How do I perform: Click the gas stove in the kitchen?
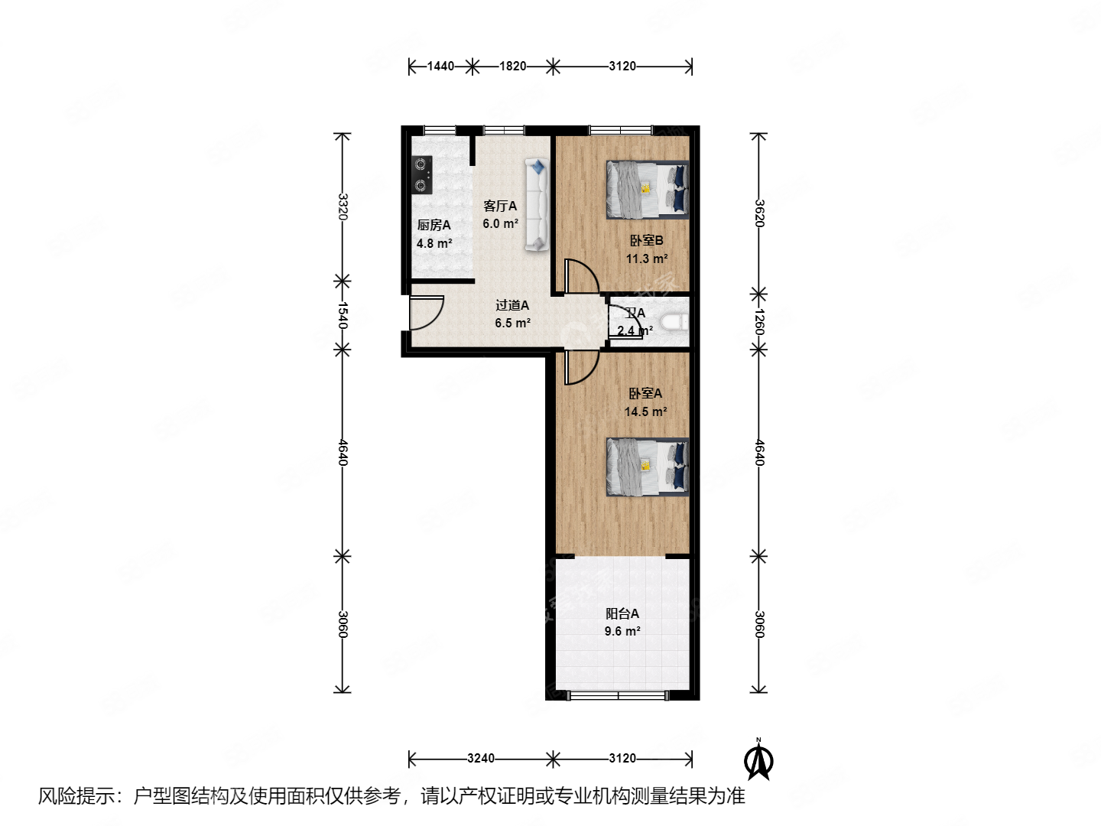point(421,175)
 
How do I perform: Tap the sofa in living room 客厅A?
point(537,204)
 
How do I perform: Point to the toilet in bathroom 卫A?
point(674,323)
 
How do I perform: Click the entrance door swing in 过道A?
point(425,312)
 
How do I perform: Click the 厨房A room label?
point(434,225)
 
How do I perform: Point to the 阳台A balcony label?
point(622,613)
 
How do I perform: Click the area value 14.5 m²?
point(645,411)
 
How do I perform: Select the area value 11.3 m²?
point(647,259)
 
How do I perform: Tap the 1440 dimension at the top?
point(440,67)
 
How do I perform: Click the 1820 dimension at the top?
point(512,67)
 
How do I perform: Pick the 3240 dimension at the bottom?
point(480,759)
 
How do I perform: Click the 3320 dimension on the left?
point(343,206)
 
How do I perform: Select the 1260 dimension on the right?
point(758,321)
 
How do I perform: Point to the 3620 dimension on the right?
point(758,213)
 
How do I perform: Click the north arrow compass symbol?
point(758,760)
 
